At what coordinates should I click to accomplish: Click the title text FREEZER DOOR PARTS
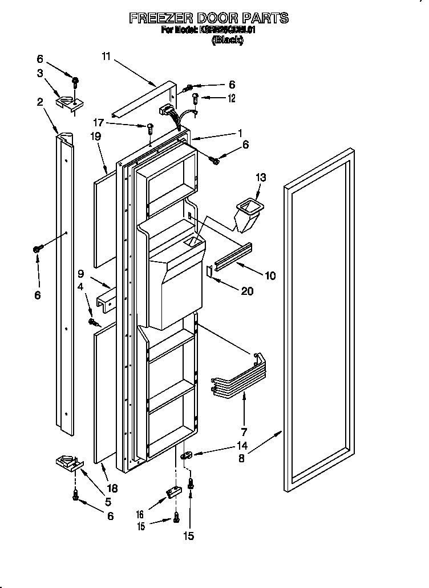point(209,18)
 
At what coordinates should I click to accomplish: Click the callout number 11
point(107,56)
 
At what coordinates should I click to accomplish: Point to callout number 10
point(269,275)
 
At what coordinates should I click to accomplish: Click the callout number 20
point(246,291)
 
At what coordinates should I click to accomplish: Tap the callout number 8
point(241,458)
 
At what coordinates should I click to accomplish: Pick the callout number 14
point(242,446)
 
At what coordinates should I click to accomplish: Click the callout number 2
point(40,102)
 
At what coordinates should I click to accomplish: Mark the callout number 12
point(231,98)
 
